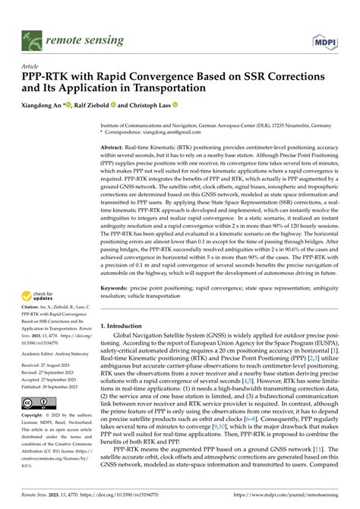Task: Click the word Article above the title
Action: coord(32,66)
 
